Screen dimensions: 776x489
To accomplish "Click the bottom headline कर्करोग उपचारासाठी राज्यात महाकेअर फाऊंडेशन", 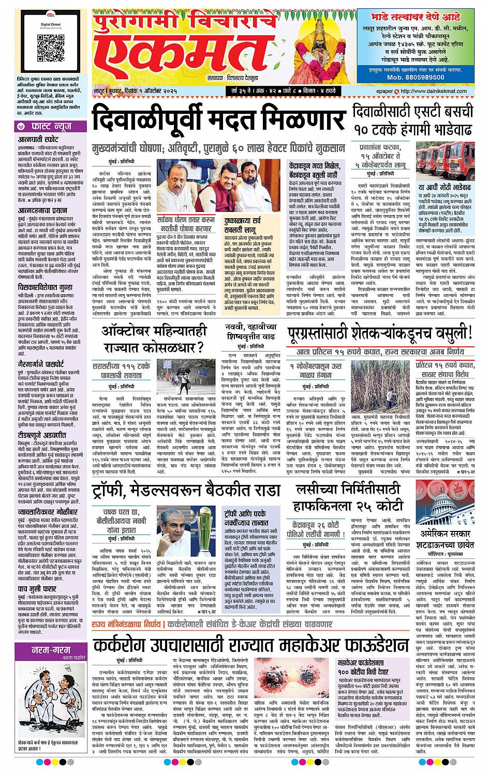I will click(x=251, y=645).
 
